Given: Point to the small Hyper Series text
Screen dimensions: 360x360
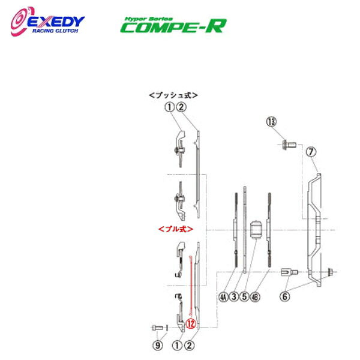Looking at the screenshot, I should click(142, 17).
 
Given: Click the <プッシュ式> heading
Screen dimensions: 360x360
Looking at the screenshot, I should click(173, 95).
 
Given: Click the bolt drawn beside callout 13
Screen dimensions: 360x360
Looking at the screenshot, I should click(287, 145).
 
